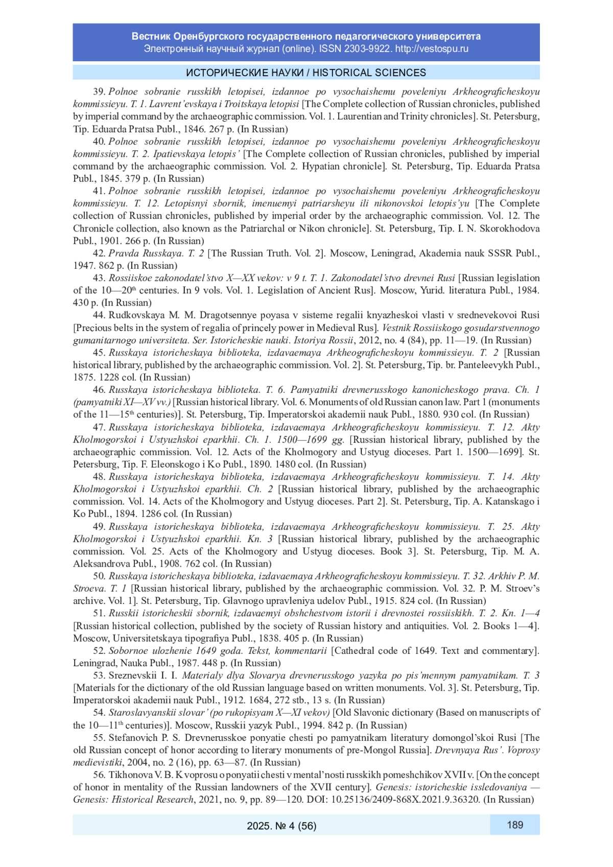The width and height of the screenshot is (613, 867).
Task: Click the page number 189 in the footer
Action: [x=515, y=824]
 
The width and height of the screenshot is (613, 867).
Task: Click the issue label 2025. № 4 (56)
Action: [x=281, y=825]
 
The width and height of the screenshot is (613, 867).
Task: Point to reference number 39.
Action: [x=99, y=92]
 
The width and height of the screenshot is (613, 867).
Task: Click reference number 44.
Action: [x=99, y=315]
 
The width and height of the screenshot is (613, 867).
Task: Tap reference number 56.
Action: [x=99, y=775]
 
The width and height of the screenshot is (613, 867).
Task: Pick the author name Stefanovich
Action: [x=134, y=738]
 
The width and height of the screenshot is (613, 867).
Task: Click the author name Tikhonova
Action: [x=130, y=775]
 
